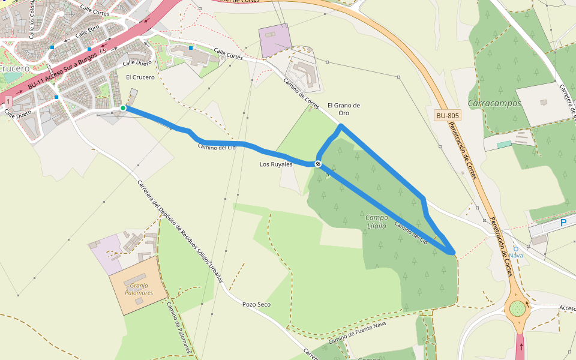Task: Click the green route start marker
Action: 123,108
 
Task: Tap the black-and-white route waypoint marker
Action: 317,164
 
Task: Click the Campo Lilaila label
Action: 376,220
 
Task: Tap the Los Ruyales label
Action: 276,164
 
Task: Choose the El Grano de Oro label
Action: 344,109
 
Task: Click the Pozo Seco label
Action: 256,304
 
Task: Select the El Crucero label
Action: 140,77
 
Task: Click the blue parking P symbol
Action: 563,223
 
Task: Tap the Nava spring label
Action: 516,255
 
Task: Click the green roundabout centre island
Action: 517,310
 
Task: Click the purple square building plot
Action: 275,40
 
